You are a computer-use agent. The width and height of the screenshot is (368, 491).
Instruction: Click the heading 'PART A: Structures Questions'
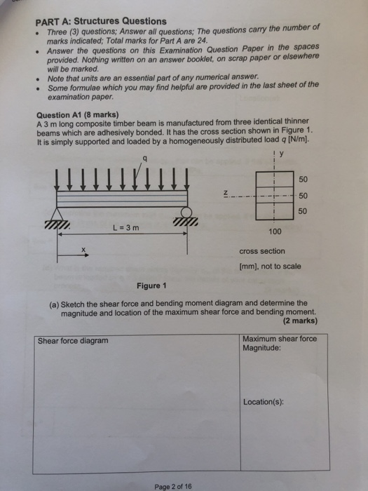[101, 21]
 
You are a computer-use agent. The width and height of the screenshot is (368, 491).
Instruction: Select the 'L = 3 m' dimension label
[126, 227]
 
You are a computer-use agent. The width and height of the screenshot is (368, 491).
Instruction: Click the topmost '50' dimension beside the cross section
[303, 180]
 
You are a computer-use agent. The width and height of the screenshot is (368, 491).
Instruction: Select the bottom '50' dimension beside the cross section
[303, 210]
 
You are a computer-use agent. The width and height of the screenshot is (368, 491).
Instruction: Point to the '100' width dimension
[275, 231]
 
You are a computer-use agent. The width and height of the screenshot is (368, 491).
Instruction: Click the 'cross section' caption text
[262, 250]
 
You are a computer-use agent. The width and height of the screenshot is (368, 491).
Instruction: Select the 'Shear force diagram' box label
[74, 341]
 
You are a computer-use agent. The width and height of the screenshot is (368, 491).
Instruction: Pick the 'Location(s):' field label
[263, 402]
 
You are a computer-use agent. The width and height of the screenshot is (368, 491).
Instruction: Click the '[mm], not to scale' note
[270, 267]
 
